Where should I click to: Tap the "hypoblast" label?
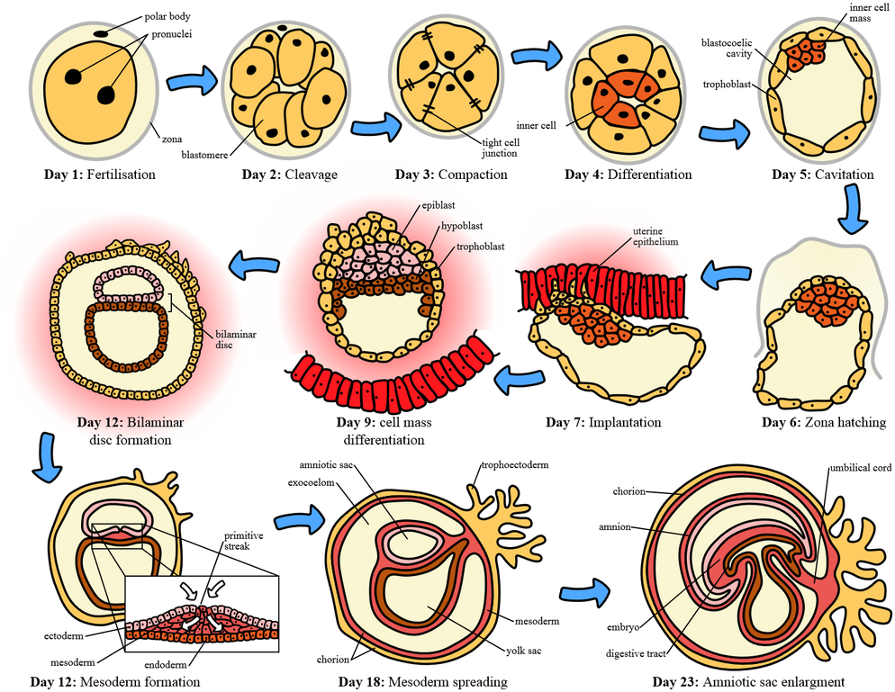458,227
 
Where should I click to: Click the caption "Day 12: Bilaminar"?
131,421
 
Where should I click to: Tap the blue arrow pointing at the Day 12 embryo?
251,265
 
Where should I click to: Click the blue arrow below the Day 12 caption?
47,459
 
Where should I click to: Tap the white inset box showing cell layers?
202,613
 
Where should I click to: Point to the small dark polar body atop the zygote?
104,35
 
